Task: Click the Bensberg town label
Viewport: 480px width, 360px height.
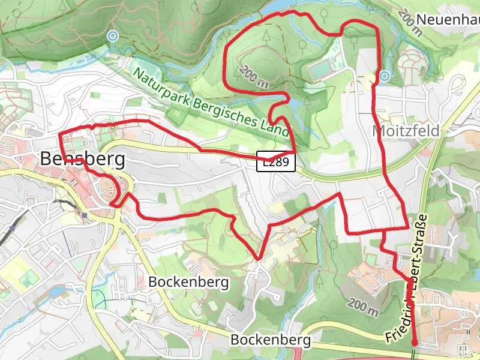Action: click(83, 160)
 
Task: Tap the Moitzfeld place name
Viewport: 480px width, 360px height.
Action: click(406, 130)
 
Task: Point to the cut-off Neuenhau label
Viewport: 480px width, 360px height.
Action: click(447, 19)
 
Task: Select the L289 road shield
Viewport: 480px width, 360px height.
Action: click(276, 162)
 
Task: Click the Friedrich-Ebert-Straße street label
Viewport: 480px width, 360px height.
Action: click(408, 278)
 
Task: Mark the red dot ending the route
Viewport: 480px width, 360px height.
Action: click(414, 343)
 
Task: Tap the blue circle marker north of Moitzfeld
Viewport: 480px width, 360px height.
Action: click(384, 76)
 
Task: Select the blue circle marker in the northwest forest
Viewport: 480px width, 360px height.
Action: click(112, 36)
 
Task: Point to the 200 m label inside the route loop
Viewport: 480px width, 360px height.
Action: click(254, 77)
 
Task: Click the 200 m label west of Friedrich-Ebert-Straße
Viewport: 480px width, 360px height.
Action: click(362, 306)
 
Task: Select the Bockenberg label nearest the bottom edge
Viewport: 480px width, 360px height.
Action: click(271, 340)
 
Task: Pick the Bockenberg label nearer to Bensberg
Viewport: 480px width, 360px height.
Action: click(189, 281)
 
